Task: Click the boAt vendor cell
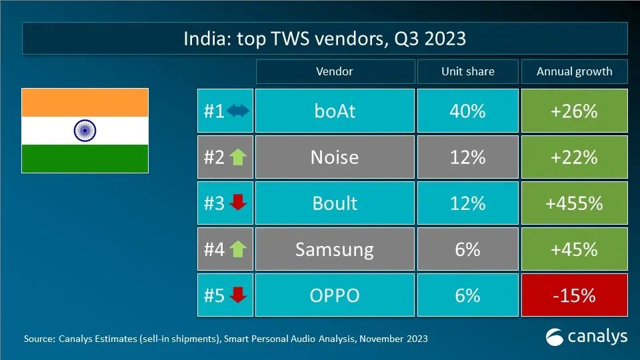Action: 335,111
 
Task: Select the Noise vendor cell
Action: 335,157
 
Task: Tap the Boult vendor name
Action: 335,203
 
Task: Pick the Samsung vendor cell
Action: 335,249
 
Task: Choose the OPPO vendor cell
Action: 335,295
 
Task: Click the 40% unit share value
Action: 467,111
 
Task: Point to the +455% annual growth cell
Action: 574,203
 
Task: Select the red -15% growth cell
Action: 574,295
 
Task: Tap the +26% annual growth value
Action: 574,111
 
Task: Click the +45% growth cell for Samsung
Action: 574,249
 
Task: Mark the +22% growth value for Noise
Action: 574,157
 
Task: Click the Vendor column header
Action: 335,71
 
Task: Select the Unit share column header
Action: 467,71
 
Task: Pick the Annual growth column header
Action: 574,71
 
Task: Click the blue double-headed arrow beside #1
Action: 238,111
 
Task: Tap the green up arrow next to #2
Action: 238,157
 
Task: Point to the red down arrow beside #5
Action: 238,295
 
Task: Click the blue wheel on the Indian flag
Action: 85,130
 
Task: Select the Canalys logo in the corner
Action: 587,337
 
